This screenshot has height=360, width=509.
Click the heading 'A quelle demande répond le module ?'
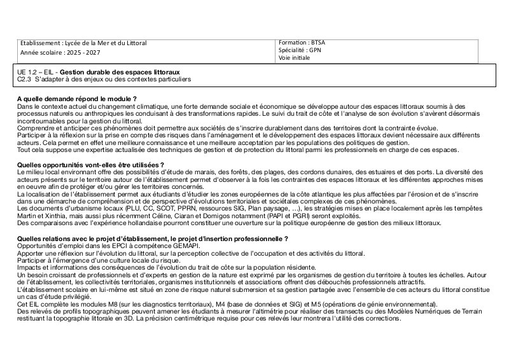[x=77, y=99]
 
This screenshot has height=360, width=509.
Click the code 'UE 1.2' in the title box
[x=28, y=73]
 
